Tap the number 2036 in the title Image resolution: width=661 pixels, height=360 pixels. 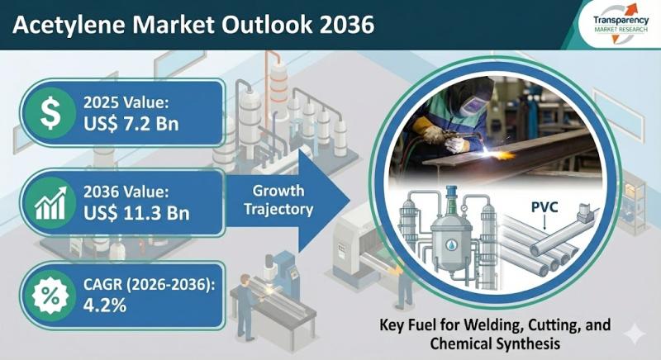347,25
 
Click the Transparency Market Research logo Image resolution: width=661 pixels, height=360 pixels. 621,24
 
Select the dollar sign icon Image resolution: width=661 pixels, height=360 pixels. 50,113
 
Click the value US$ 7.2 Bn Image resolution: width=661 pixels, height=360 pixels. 131,124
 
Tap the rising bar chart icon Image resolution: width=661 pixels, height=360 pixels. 50,203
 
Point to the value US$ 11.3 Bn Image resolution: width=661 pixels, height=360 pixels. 136,214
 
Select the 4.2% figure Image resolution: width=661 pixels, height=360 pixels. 105,306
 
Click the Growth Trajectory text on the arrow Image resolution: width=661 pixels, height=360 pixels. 278,200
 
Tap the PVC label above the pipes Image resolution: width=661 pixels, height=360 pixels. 544,207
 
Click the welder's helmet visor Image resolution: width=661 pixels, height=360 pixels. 472,105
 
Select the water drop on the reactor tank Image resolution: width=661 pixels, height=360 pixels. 451,244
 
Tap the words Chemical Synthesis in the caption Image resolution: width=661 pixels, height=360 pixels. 495,343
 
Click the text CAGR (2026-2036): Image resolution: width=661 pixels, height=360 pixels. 150,285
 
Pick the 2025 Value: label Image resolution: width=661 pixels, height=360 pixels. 126,103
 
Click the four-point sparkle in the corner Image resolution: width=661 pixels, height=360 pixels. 634,334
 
